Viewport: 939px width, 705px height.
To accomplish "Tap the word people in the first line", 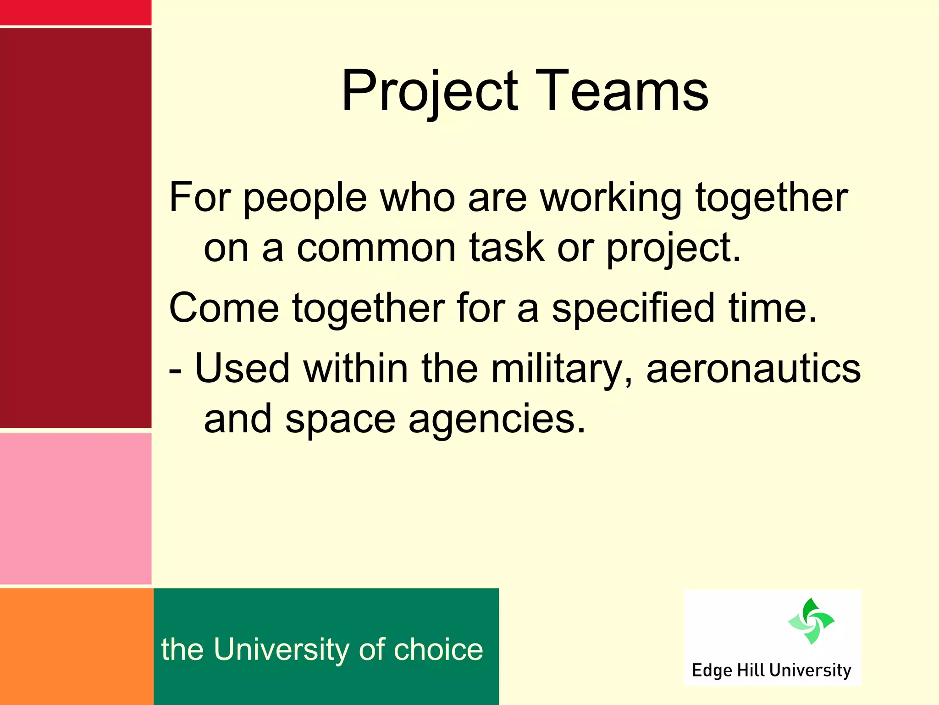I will click(x=305, y=198).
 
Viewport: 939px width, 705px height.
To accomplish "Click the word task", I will click(x=507, y=248).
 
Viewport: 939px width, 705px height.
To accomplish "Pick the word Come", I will click(x=224, y=308).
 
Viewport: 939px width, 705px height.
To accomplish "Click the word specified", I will click(x=633, y=308).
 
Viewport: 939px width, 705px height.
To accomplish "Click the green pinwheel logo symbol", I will click(x=811, y=621).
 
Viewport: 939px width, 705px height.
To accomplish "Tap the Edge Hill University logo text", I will click(x=771, y=671).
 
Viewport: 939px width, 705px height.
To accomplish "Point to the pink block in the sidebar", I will click(x=76, y=509).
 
